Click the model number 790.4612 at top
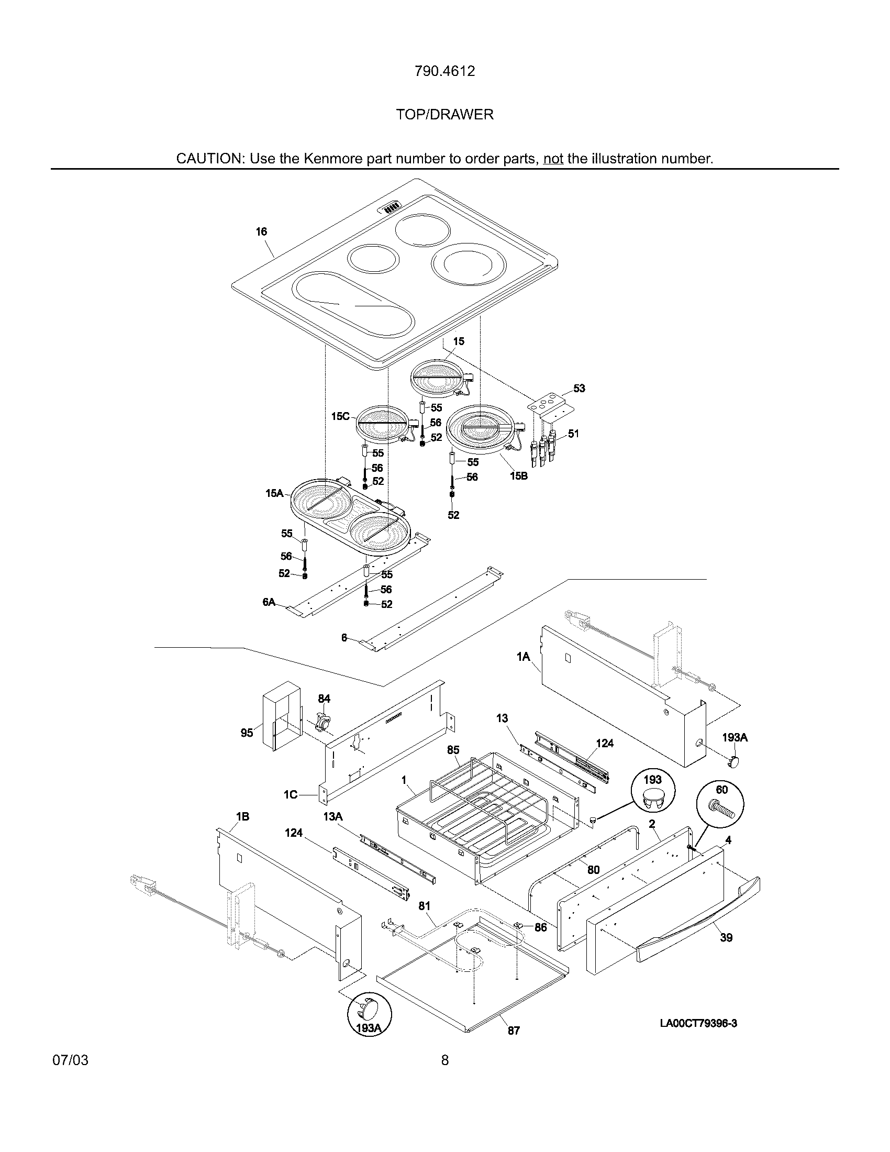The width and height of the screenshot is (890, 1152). point(444,71)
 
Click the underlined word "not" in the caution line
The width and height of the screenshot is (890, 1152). point(553,159)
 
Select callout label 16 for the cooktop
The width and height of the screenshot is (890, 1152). point(262,231)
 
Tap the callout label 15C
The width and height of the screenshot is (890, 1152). point(340,416)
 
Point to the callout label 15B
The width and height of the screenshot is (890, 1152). point(518,476)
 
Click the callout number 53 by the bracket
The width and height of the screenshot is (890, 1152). point(579,389)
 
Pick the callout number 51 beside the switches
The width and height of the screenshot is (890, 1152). point(574,434)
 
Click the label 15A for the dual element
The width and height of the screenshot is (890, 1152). point(274,493)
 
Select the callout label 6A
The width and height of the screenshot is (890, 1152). point(269,602)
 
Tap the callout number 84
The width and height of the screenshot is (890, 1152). point(324,699)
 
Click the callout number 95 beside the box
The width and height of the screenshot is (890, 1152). point(247,733)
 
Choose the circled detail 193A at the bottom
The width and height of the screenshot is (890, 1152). point(370,1027)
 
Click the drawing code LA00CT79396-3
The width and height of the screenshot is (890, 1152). point(698,1023)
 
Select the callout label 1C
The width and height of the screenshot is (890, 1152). point(291,795)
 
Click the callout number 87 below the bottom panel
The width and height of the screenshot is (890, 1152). point(514,1045)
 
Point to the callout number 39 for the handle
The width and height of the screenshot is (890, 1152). point(726,937)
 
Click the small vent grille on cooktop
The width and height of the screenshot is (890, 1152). point(392,208)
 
